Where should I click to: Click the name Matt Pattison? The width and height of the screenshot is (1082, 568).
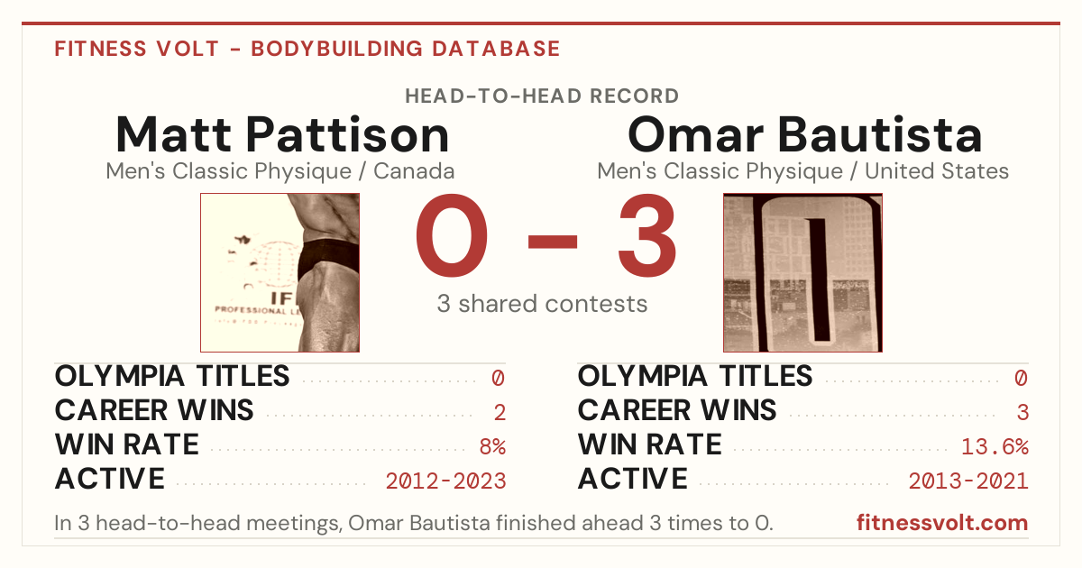click(282, 134)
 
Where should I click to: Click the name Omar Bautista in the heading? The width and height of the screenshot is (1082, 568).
click(804, 134)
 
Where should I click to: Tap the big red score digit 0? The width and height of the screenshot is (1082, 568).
click(452, 235)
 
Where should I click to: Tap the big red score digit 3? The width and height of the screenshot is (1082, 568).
click(647, 235)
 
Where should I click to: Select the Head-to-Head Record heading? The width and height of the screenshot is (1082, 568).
click(542, 96)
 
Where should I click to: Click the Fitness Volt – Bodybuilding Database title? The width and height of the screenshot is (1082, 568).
click(307, 49)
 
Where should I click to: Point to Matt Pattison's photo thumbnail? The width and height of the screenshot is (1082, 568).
click(280, 272)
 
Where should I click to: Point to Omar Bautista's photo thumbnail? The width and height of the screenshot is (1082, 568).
click(802, 272)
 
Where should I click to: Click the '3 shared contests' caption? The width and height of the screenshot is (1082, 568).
click(542, 304)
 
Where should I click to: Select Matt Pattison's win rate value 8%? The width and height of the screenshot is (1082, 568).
click(492, 447)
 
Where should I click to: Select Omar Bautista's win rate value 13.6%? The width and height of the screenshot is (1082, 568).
click(995, 447)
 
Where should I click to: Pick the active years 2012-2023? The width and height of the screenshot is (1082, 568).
click(445, 481)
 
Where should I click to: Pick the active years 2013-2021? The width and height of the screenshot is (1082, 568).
click(968, 481)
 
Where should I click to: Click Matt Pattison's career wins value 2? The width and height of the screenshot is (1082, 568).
click(500, 413)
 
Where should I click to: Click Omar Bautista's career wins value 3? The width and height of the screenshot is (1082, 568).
click(1022, 413)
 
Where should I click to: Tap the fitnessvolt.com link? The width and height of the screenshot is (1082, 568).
click(942, 523)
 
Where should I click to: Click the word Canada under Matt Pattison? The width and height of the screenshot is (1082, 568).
click(414, 171)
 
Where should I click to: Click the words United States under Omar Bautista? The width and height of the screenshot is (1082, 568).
click(937, 171)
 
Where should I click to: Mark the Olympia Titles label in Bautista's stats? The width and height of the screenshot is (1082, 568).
click(695, 376)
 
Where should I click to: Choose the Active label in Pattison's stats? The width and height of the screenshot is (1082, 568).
click(110, 479)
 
